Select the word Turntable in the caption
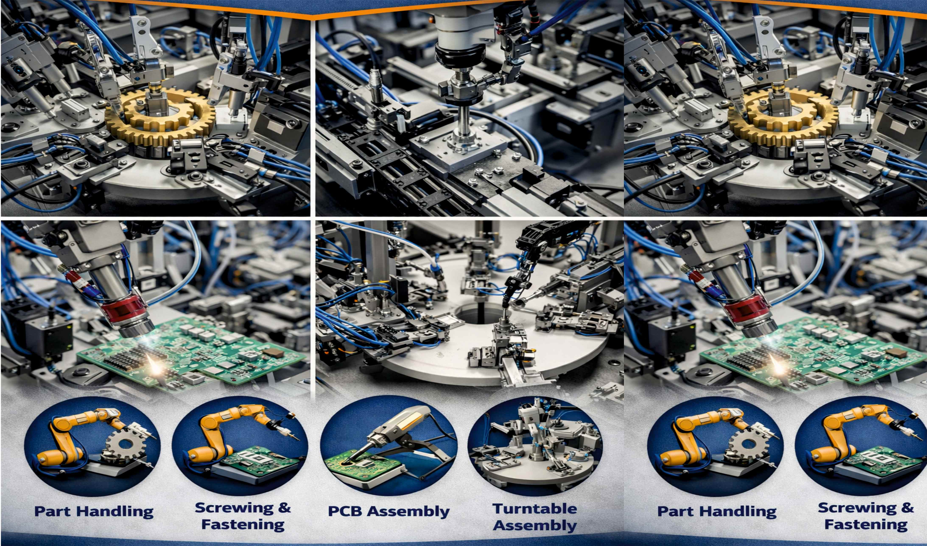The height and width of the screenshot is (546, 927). click(x=535, y=509)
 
